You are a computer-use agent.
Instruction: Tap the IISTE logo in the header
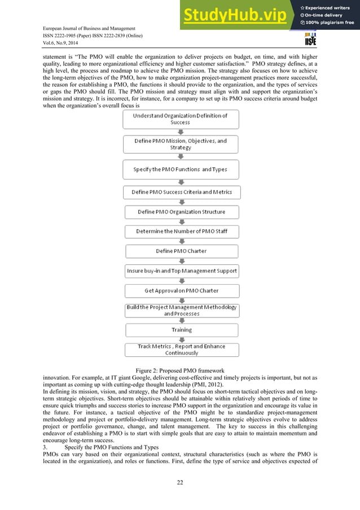click(x=310, y=39)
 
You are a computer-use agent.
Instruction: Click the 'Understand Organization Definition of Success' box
click(x=181, y=119)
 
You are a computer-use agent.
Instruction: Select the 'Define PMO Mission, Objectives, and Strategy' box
click(x=181, y=144)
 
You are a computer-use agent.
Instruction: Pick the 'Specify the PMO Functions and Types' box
click(x=181, y=169)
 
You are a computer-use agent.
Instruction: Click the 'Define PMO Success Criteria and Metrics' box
click(x=181, y=192)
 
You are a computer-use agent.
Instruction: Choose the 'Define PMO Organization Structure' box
click(x=181, y=212)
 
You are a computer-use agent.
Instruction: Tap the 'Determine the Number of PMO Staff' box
click(x=181, y=232)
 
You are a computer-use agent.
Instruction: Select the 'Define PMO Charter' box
click(x=181, y=251)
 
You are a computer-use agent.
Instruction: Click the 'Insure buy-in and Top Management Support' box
click(x=181, y=271)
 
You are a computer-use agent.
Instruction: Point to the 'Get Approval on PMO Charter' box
click(x=181, y=290)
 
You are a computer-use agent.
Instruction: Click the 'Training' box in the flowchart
click(x=181, y=329)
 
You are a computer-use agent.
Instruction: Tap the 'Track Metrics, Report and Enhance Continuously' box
click(x=181, y=349)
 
